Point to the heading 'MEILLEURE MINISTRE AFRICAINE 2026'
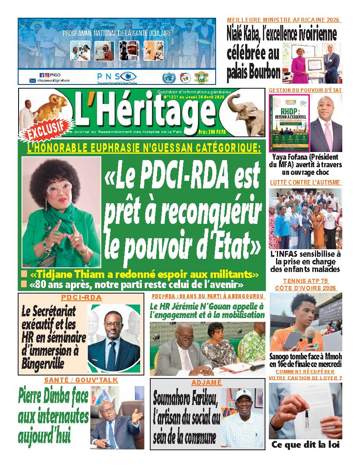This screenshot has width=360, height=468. [x=284, y=20]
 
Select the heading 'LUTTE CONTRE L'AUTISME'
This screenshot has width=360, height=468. [x=305, y=182]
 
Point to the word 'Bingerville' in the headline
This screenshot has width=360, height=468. [x=43, y=362]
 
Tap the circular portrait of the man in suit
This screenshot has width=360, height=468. [x=114, y=337]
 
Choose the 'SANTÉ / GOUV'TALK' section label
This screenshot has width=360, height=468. [x=81, y=381]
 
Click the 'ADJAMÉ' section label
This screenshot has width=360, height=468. [x=207, y=382]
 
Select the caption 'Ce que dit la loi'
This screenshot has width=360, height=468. [x=305, y=444]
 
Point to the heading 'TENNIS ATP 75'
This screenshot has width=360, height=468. [x=306, y=281]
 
